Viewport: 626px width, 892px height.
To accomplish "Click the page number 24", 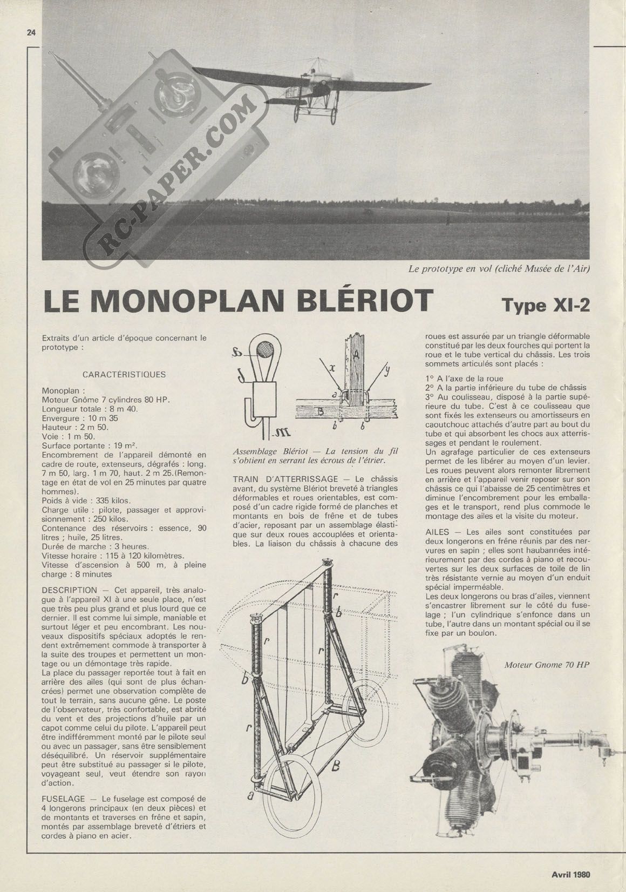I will coord(31,33).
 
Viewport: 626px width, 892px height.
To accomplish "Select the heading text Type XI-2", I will coord(546,305).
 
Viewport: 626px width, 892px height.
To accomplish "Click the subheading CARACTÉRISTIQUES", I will coord(124,374).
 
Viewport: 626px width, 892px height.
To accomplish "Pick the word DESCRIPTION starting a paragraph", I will coord(70,590).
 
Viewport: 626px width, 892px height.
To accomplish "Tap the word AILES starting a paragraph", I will coord(437,532).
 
